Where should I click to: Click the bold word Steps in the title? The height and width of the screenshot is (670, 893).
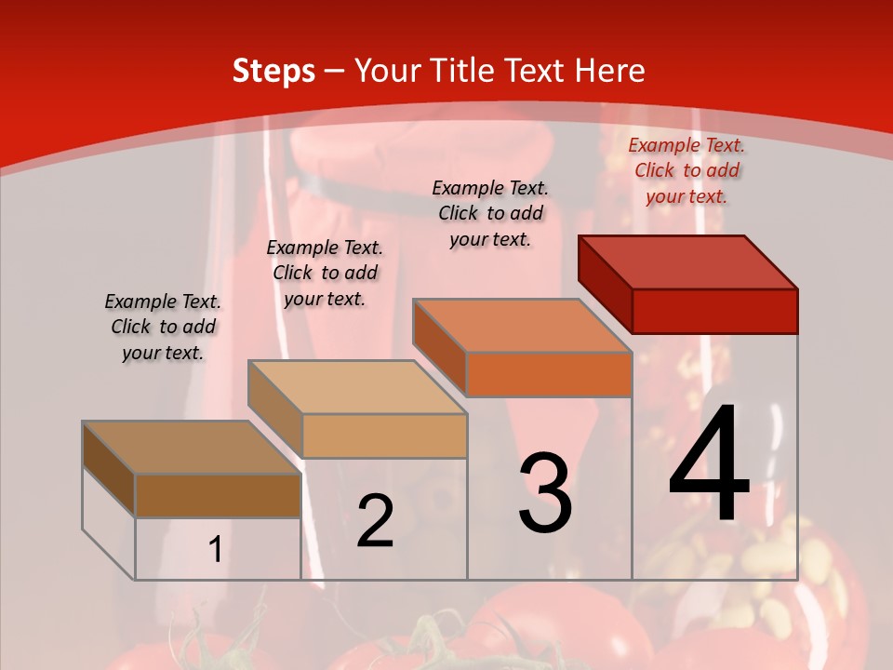click(273, 71)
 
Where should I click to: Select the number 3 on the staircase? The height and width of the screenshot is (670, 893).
click(545, 493)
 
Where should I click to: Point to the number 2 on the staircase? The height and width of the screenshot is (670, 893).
click(375, 521)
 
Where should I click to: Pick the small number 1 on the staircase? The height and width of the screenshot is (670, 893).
click(215, 550)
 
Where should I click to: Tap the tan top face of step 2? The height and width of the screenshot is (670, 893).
click(357, 387)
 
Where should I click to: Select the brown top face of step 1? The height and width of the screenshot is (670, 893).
click(192, 448)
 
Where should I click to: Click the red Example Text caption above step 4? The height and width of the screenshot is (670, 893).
click(686, 170)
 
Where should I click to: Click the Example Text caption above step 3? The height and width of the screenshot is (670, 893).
click(490, 213)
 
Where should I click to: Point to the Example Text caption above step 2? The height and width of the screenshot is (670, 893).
click(325, 273)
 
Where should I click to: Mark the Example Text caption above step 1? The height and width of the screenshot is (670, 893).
click(163, 327)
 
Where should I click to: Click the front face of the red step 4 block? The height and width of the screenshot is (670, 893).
click(714, 311)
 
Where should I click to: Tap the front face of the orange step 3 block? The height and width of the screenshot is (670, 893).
click(549, 374)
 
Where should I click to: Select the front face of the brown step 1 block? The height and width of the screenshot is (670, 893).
click(218, 496)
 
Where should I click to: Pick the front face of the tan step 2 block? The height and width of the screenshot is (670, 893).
click(384, 435)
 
